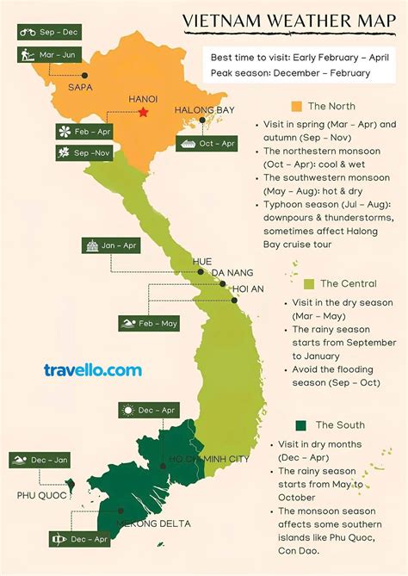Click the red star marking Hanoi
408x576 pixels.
tap(143, 112)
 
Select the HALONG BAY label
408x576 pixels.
tap(204, 110)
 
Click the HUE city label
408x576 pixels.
tap(202, 261)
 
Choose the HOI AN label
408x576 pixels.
tap(248, 288)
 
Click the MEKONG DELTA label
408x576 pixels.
tap(155, 523)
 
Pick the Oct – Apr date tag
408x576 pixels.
tap(207, 143)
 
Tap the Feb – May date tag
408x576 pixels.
tap(148, 323)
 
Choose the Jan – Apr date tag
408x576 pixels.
tap(111, 245)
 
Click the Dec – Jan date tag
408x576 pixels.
tap(39, 460)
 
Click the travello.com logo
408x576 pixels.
tap(92, 370)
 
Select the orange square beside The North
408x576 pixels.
tap(295, 106)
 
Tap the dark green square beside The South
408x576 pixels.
tap(301, 425)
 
